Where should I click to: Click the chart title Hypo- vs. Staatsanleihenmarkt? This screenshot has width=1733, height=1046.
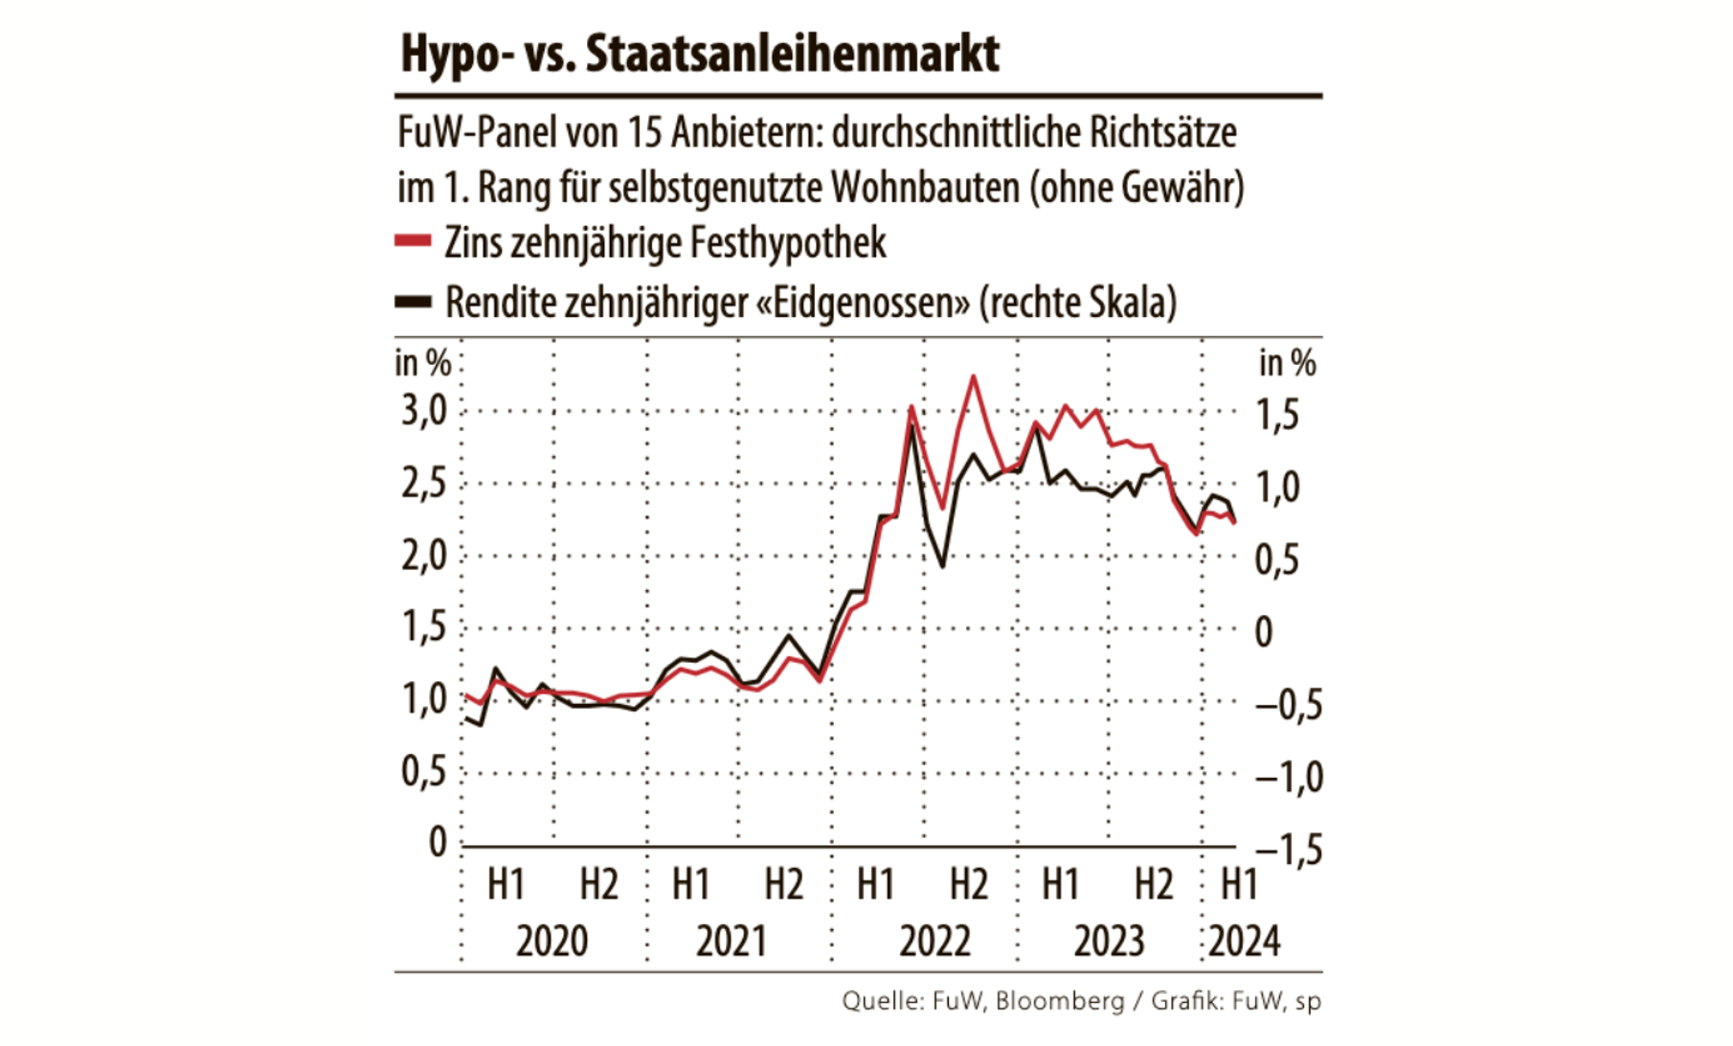(x=700, y=54)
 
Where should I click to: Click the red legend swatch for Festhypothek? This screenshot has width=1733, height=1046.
(x=413, y=242)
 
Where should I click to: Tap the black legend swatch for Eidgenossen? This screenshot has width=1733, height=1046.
(x=413, y=302)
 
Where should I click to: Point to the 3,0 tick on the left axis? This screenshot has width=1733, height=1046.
(x=424, y=412)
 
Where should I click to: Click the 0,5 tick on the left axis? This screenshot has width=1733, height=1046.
(x=424, y=771)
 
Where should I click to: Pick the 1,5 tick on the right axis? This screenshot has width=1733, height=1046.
(x=1277, y=416)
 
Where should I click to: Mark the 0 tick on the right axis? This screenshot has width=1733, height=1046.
(x=1264, y=632)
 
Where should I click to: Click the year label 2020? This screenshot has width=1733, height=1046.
(x=551, y=942)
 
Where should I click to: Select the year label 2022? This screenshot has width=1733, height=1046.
(x=934, y=942)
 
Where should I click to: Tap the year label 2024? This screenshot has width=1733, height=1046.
(x=1244, y=942)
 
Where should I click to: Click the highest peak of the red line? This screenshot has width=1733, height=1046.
(x=973, y=376)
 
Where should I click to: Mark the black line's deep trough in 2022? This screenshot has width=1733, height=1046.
(x=942, y=566)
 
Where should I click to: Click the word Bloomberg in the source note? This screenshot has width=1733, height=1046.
(x=1060, y=1001)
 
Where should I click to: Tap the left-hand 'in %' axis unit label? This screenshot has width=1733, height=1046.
(x=422, y=363)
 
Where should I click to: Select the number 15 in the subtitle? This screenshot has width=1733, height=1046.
(x=645, y=133)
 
